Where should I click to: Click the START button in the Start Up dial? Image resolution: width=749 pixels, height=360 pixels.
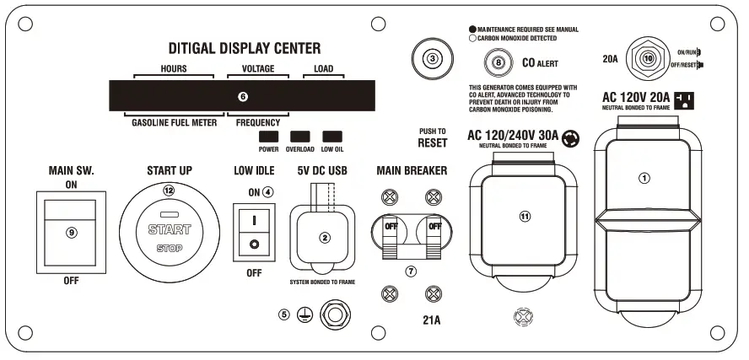pyautogui.click(x=170, y=228)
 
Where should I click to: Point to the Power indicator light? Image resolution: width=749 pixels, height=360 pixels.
pyautogui.click(x=269, y=136)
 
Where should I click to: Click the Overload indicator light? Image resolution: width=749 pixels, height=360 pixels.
pyautogui.click(x=300, y=136)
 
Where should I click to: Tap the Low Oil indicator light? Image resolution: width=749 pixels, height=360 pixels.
pyautogui.click(x=332, y=136)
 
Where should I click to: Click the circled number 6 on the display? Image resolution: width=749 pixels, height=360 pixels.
pyautogui.click(x=243, y=97)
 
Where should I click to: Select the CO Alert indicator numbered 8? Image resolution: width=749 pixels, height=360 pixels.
pyautogui.click(x=498, y=62)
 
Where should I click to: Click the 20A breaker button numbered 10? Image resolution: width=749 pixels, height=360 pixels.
pyautogui.click(x=649, y=59)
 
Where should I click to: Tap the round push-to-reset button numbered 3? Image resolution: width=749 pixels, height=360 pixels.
pyautogui.click(x=433, y=59)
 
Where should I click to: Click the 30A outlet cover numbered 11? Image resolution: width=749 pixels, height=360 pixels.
pyautogui.click(x=525, y=216)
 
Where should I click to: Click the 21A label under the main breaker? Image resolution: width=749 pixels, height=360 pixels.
pyautogui.click(x=432, y=320)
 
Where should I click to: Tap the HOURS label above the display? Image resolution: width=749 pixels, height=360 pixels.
pyautogui.click(x=173, y=68)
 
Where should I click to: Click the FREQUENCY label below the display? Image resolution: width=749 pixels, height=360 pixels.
pyautogui.click(x=257, y=122)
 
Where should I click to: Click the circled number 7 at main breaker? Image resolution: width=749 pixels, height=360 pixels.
pyautogui.click(x=411, y=271)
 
